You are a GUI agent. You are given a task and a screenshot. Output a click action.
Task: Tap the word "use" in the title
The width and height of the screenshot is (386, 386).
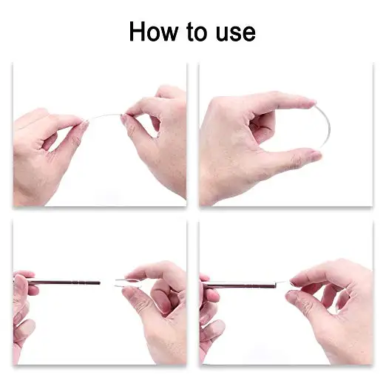[234, 32]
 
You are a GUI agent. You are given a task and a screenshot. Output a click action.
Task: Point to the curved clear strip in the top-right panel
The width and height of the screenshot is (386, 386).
[326, 133]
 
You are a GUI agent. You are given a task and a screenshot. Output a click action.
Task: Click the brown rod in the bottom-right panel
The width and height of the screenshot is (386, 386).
[237, 284]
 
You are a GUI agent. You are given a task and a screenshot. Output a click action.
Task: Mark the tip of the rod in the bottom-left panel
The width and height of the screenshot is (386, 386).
[98, 282]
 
